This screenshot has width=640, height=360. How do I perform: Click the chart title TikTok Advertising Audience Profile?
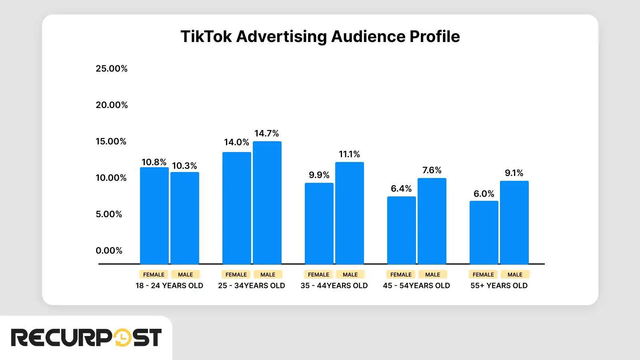point(320,36)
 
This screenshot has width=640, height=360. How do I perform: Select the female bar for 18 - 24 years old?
point(154,216)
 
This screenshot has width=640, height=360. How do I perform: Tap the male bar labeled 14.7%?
point(267,202)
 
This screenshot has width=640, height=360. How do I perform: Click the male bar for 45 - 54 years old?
point(432,221)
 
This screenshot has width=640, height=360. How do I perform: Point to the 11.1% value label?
point(349,154)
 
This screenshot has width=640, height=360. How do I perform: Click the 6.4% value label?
point(401,188)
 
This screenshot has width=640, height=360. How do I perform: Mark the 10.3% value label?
point(184,166)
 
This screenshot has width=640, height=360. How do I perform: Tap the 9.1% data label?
point(514,173)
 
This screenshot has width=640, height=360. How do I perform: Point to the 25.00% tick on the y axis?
point(112,68)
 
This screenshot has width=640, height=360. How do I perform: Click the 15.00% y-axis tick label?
point(111,141)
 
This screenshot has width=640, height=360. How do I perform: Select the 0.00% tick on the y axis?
point(109,250)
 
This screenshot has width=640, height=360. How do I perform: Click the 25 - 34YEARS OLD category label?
point(251,286)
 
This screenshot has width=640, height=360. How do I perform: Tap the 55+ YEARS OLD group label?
point(499,286)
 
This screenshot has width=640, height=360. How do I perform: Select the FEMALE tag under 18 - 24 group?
point(154,274)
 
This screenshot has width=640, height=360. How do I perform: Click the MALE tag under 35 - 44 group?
point(350,274)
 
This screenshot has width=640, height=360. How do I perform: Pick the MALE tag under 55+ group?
point(515,274)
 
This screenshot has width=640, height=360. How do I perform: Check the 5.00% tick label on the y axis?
point(109,214)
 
